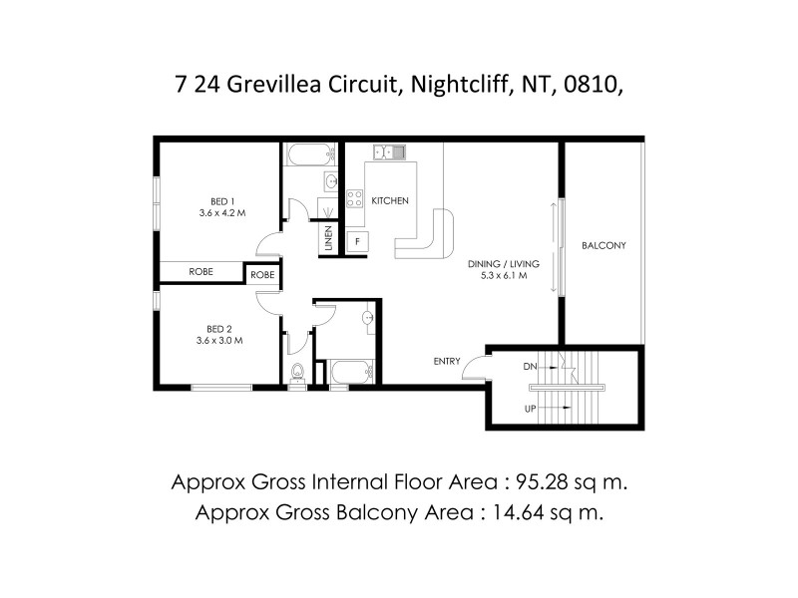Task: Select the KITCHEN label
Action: pos(390,201)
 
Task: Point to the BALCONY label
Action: pos(602,245)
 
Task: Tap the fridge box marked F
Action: pos(356,241)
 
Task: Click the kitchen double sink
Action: pos(389,152)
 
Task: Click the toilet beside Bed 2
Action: pos(297,374)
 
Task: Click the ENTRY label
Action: pos(446,361)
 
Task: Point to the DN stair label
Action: pos(532,366)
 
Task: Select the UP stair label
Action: pos(531,409)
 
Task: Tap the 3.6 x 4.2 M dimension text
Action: pos(222,212)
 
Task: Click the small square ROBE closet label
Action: pos(263,274)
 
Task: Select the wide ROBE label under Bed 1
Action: pos(201,271)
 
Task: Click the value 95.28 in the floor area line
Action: pos(545,482)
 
